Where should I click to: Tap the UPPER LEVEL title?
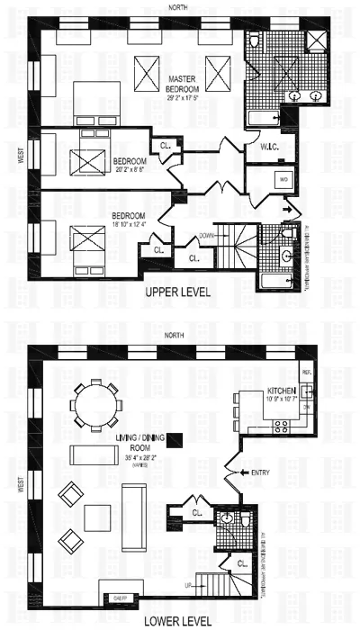coord(180,293)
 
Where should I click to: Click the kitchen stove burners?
coord(307,391)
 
